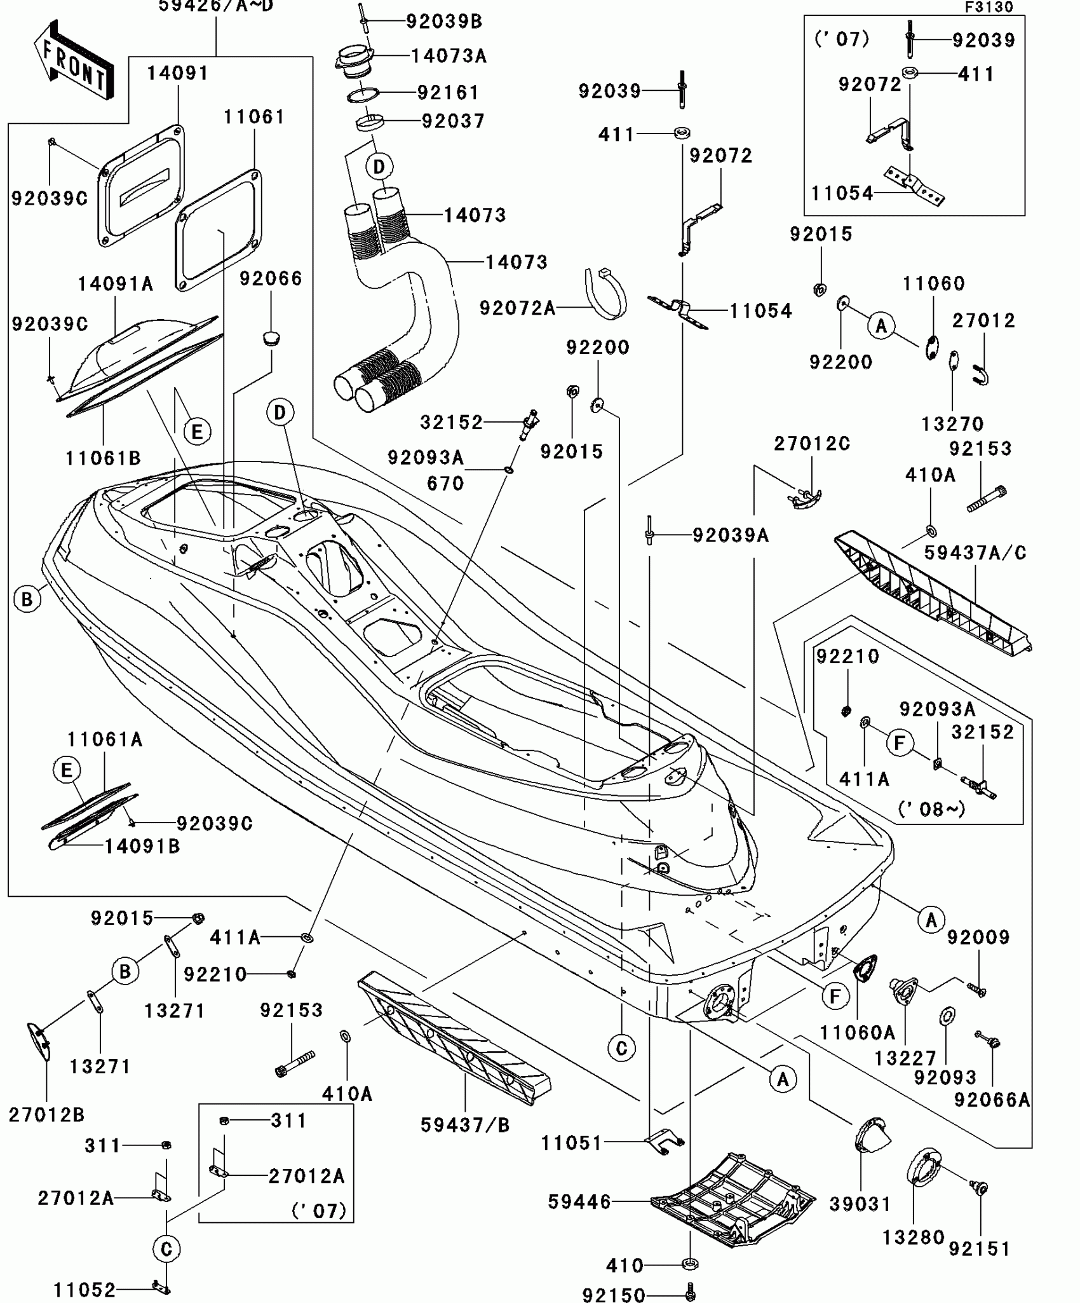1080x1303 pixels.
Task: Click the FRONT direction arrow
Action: tap(74, 61)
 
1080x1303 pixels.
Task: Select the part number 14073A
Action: tap(449, 56)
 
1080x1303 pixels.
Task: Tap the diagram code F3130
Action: tap(989, 7)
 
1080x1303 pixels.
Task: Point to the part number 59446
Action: tap(579, 1202)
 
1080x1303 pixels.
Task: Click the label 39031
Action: tap(860, 1204)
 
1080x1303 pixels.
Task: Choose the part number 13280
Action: tap(914, 1238)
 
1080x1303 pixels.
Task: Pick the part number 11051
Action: tap(571, 1143)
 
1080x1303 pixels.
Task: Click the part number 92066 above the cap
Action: tap(271, 278)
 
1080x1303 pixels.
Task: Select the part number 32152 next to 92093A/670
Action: tap(452, 422)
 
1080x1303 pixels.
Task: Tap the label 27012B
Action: tap(46, 1114)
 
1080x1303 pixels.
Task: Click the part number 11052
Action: tap(84, 1290)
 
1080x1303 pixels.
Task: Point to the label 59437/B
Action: tap(465, 1125)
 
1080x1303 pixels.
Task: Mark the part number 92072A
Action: tap(517, 308)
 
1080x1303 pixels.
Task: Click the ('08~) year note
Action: tap(931, 809)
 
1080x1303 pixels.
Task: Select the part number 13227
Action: tap(905, 1058)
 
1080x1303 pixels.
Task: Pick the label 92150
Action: tap(614, 1295)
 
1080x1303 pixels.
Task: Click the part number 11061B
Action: tap(103, 458)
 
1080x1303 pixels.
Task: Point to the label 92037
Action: tap(453, 121)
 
